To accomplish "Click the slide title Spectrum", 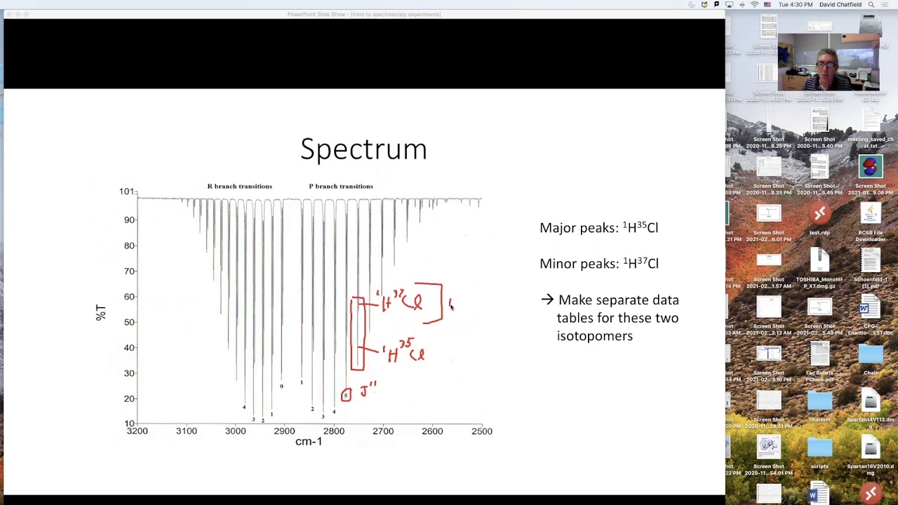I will (363, 149).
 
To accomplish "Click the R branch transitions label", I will (239, 186).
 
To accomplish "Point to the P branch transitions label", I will (340, 186).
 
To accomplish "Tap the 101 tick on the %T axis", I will (126, 191).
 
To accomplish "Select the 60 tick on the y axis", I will (129, 297).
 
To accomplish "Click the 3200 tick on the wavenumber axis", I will (137, 431).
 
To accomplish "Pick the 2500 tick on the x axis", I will (481, 431).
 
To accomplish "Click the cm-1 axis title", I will (309, 442).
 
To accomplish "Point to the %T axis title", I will (100, 313).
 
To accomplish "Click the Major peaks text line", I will (598, 227).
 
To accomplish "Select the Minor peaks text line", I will (598, 264).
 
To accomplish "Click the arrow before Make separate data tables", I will (547, 299).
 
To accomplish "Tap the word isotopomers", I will (594, 336).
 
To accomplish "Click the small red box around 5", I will (345, 396).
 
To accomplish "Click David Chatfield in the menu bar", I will (840, 4).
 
